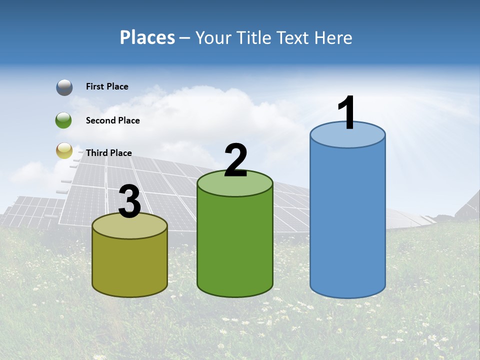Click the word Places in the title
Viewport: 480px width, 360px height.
click(147, 37)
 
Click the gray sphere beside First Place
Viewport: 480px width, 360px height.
click(64, 87)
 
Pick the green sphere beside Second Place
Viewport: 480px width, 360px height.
click(63, 120)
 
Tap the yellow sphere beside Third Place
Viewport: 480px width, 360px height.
click(64, 150)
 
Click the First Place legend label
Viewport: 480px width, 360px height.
click(107, 86)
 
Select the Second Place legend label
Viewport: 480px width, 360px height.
click(112, 120)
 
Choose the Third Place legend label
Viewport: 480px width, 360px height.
click(108, 153)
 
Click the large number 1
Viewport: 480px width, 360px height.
click(346, 113)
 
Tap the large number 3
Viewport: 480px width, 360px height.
click(130, 202)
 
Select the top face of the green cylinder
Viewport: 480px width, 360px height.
click(235, 183)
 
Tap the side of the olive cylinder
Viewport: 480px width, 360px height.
click(130, 265)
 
